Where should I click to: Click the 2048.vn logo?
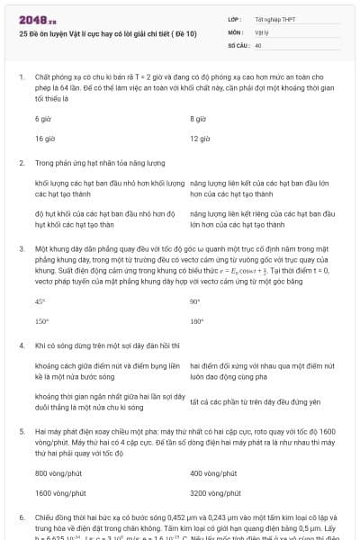coord(38,19)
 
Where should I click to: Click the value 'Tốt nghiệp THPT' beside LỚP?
coord(274,19)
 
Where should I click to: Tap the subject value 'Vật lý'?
coord(261,31)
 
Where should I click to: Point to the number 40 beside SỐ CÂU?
coord(258,44)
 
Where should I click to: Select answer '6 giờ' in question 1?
coord(43,119)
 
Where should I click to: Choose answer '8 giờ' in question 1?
coord(199,119)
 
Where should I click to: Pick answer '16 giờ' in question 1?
coord(45,139)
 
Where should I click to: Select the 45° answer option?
coord(40,301)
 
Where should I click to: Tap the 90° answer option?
coord(195,301)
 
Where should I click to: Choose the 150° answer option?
coord(41,321)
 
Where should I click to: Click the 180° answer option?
coord(197,321)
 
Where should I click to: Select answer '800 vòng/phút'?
coord(59,472)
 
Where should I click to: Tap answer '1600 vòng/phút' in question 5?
coord(61,493)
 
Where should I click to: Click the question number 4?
coord(21,345)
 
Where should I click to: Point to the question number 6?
coord(21,519)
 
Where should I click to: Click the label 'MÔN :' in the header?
coord(236,31)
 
